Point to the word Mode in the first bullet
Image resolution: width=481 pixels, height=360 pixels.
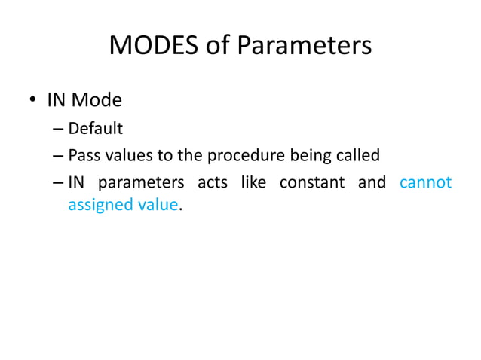[103, 100]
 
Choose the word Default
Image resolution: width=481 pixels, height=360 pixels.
[96, 128]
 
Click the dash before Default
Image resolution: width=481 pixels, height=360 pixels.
[58, 129]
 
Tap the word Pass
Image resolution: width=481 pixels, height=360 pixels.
[83, 156]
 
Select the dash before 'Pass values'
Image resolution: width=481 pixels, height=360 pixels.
[58, 157]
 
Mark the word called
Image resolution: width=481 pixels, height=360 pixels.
[356, 156]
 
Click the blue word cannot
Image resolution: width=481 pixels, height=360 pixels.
[425, 183]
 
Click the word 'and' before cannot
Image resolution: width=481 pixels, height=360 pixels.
[371, 183]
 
